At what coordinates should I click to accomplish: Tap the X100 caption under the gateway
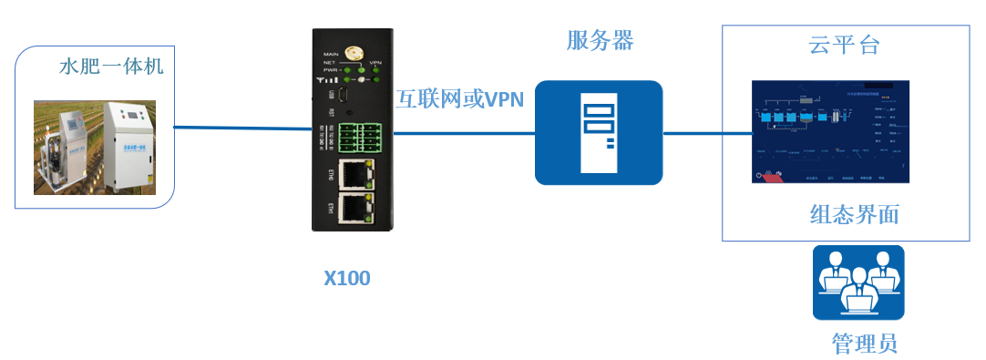[x=347, y=278]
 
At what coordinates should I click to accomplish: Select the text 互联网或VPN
[x=459, y=99]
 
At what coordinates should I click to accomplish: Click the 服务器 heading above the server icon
[x=600, y=41]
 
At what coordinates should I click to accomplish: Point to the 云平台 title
[x=844, y=45]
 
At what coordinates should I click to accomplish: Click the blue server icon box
[x=598, y=133]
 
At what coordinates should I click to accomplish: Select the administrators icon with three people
[x=858, y=283]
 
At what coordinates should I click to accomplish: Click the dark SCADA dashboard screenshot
[x=829, y=131]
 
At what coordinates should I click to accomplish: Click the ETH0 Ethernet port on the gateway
[x=356, y=173]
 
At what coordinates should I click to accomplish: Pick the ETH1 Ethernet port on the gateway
[x=356, y=209]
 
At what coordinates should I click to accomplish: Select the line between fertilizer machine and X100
[x=241, y=129]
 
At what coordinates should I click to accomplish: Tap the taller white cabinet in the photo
[x=131, y=146]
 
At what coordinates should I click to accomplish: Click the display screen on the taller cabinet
[x=135, y=116]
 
